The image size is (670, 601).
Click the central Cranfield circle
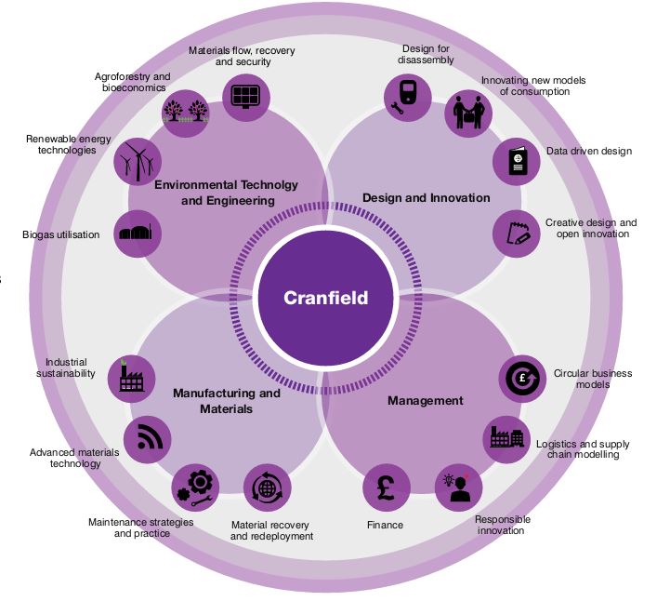[x=325, y=299]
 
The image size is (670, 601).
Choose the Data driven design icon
[x=516, y=161]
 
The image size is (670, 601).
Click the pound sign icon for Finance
[x=387, y=487]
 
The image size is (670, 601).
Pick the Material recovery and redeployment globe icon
[x=268, y=487]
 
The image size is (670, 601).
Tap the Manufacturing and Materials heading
[x=226, y=401]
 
